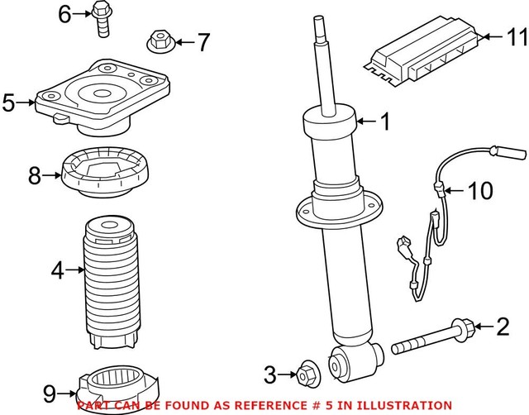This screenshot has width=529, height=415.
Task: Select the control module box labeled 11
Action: [422, 55]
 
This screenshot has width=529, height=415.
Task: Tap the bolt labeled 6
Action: [102, 18]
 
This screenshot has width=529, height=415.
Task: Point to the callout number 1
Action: [384, 123]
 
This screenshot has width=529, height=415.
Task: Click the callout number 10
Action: [479, 192]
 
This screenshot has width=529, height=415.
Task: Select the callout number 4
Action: [56, 269]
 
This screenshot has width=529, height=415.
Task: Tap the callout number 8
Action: [34, 175]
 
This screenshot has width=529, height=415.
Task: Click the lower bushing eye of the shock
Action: [342, 364]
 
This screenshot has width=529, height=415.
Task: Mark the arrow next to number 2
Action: [480, 328]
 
